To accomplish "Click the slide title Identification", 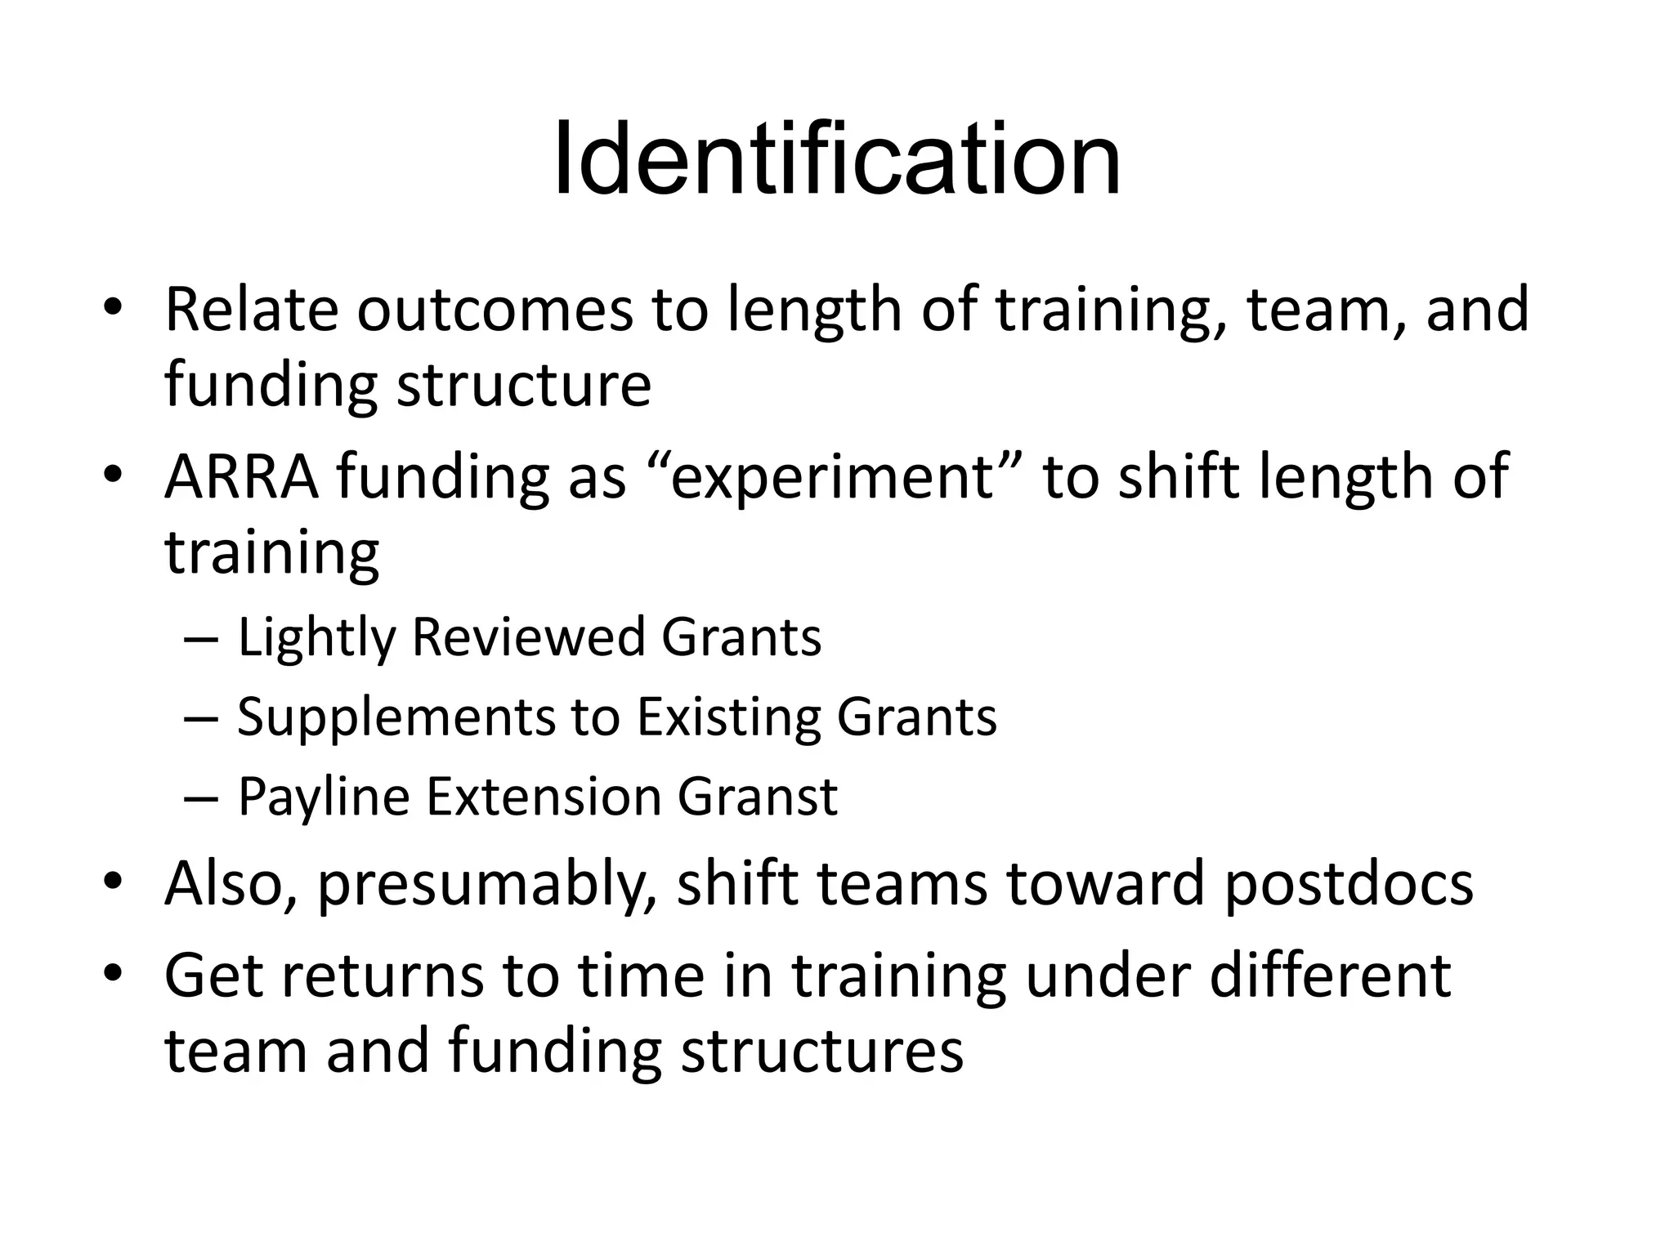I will point(836,159).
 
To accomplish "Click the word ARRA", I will point(241,476).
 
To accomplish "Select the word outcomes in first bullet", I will point(495,310).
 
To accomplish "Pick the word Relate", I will point(252,310).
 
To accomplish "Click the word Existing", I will point(727,717).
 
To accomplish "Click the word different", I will point(1330,976).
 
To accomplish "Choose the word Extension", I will point(542,797).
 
